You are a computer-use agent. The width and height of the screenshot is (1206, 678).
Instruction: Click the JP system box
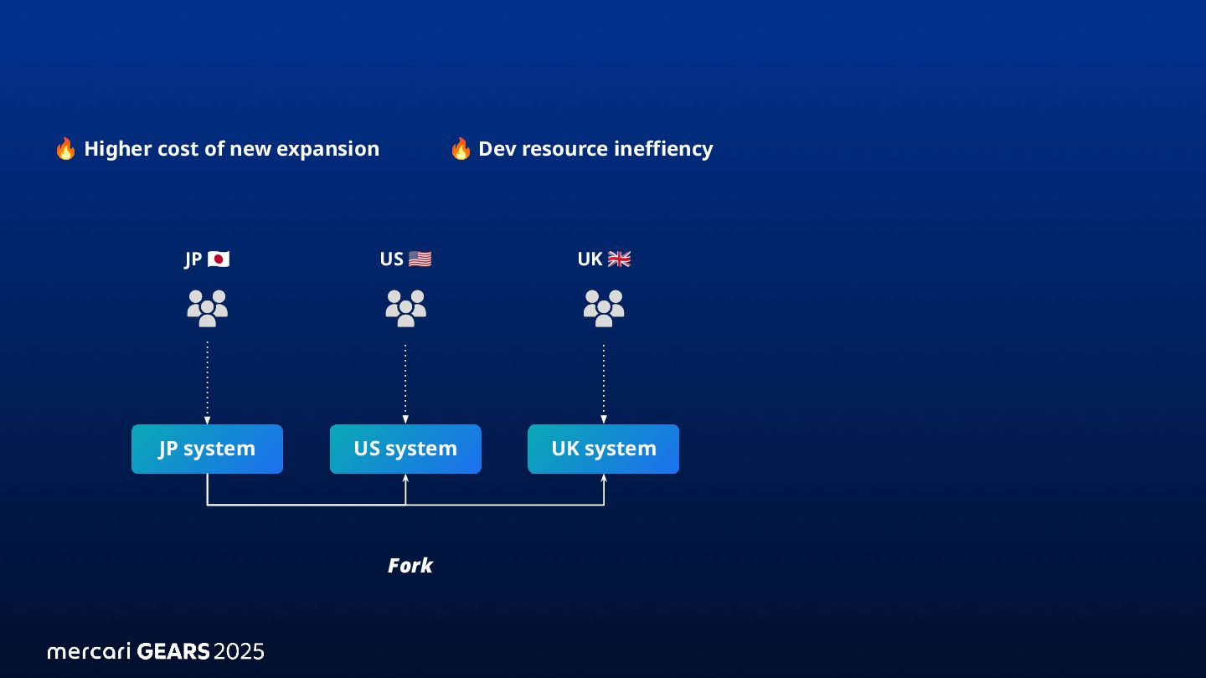207,449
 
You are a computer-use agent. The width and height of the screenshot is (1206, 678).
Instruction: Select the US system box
405,449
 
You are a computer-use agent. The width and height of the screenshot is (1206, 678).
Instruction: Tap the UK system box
603,449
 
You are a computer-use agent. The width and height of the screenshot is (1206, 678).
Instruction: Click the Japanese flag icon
219,259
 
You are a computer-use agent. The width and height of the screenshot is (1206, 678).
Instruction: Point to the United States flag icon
420,259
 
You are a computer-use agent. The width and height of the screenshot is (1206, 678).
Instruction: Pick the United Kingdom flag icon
619,259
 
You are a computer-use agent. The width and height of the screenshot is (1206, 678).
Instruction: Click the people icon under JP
207,308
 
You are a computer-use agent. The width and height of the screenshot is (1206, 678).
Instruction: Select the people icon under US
405,308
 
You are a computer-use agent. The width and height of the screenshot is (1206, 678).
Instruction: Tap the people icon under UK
603,308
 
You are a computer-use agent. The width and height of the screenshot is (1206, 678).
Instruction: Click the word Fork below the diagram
410,566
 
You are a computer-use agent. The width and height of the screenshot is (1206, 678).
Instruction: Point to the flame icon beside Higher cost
65,149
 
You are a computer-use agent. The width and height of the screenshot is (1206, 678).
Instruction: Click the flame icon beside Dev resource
460,149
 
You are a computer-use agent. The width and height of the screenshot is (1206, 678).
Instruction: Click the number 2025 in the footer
239,651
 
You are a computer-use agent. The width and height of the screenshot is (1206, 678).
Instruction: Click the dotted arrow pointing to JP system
207,382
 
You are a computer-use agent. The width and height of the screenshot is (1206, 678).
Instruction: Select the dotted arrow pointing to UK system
603,382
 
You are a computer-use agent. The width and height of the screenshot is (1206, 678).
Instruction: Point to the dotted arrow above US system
405,382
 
